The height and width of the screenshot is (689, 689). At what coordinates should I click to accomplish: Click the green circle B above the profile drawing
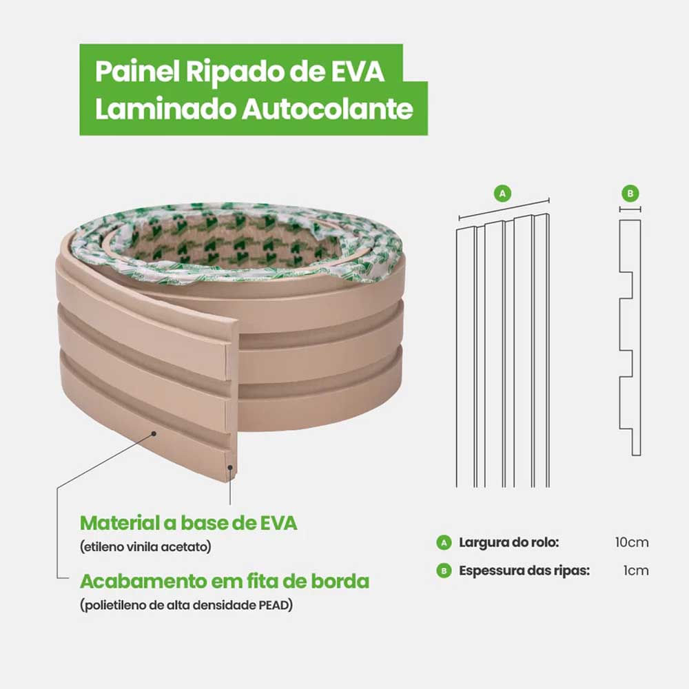tap(630, 193)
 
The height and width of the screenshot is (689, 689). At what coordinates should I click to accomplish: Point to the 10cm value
tap(632, 542)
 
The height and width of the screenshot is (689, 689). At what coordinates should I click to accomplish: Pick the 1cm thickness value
tap(636, 570)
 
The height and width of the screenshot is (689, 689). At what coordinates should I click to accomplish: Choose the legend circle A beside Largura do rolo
tap(444, 542)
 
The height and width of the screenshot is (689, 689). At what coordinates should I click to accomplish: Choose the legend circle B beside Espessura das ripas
tap(444, 570)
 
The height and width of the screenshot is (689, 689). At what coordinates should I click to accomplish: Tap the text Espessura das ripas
tap(524, 570)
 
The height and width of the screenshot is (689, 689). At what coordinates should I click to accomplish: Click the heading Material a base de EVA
tap(189, 523)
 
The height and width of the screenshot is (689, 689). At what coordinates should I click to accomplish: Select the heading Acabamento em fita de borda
tap(225, 581)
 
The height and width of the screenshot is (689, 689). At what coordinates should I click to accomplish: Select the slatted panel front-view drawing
tap(503, 351)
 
